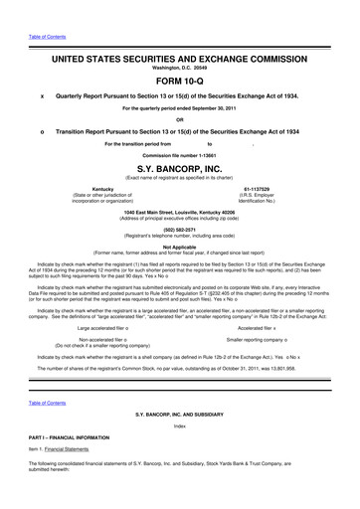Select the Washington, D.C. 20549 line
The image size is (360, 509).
coord(179,53)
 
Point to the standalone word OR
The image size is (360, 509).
coord(179,120)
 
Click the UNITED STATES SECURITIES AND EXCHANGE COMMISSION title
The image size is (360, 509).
coord(179,42)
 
